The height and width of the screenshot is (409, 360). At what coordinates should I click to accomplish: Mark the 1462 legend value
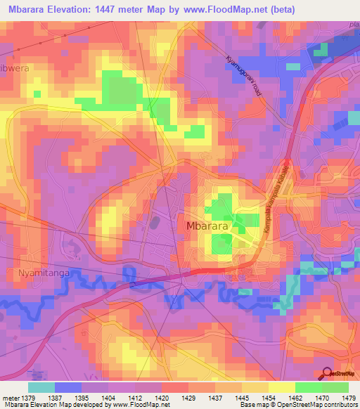coord(296,397)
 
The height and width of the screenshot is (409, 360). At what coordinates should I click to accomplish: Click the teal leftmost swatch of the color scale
coord(41,387)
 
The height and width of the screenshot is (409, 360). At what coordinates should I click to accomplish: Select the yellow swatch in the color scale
coord(281,387)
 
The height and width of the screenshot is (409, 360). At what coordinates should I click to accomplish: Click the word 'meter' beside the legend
coord(10,397)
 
